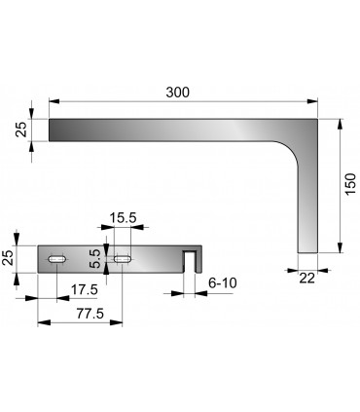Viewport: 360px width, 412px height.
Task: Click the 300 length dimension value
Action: (176, 92)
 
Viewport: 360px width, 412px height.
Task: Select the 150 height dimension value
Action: (350, 184)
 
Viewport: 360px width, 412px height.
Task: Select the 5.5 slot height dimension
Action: (94, 258)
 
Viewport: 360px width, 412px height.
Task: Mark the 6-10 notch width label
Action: (223, 282)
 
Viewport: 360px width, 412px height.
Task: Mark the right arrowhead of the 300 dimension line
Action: (315, 100)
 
